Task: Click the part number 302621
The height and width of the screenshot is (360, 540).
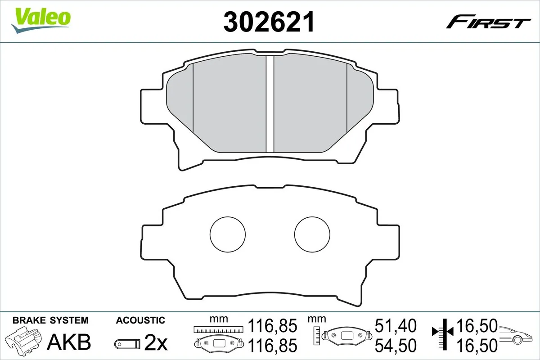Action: point(269,21)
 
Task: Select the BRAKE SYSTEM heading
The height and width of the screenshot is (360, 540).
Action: point(50,320)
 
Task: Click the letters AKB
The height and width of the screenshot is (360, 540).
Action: point(70,342)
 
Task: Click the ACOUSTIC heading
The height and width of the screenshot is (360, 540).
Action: point(140,320)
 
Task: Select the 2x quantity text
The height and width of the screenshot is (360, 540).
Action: point(156,344)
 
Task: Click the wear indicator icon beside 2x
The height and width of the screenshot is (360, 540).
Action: point(127,344)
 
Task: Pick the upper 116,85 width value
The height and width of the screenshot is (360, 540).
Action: point(273,325)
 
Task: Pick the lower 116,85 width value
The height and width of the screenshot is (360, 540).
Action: point(273,345)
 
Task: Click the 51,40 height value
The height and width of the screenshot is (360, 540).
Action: point(396,325)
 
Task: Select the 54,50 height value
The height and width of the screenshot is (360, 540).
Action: point(396,345)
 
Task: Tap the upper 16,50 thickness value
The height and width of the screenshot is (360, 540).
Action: point(477,325)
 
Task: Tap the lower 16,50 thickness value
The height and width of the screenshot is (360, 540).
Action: point(477,345)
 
